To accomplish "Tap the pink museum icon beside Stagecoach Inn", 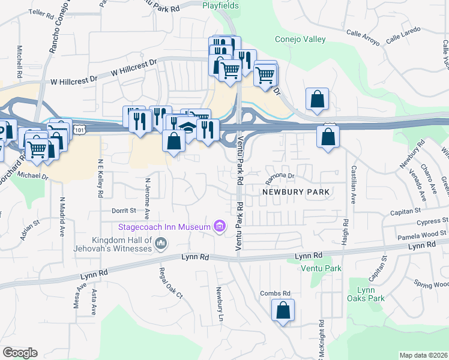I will point(220,226).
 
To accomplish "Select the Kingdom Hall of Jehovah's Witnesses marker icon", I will point(160,243).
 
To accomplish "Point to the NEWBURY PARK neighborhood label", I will point(296,192).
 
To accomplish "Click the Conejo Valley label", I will point(300,40).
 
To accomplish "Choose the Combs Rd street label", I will point(275,293).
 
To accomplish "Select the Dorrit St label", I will point(124,211).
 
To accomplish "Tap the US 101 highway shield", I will point(79,129).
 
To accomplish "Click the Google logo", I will point(20,352).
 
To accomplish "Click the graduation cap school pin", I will point(188,128).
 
